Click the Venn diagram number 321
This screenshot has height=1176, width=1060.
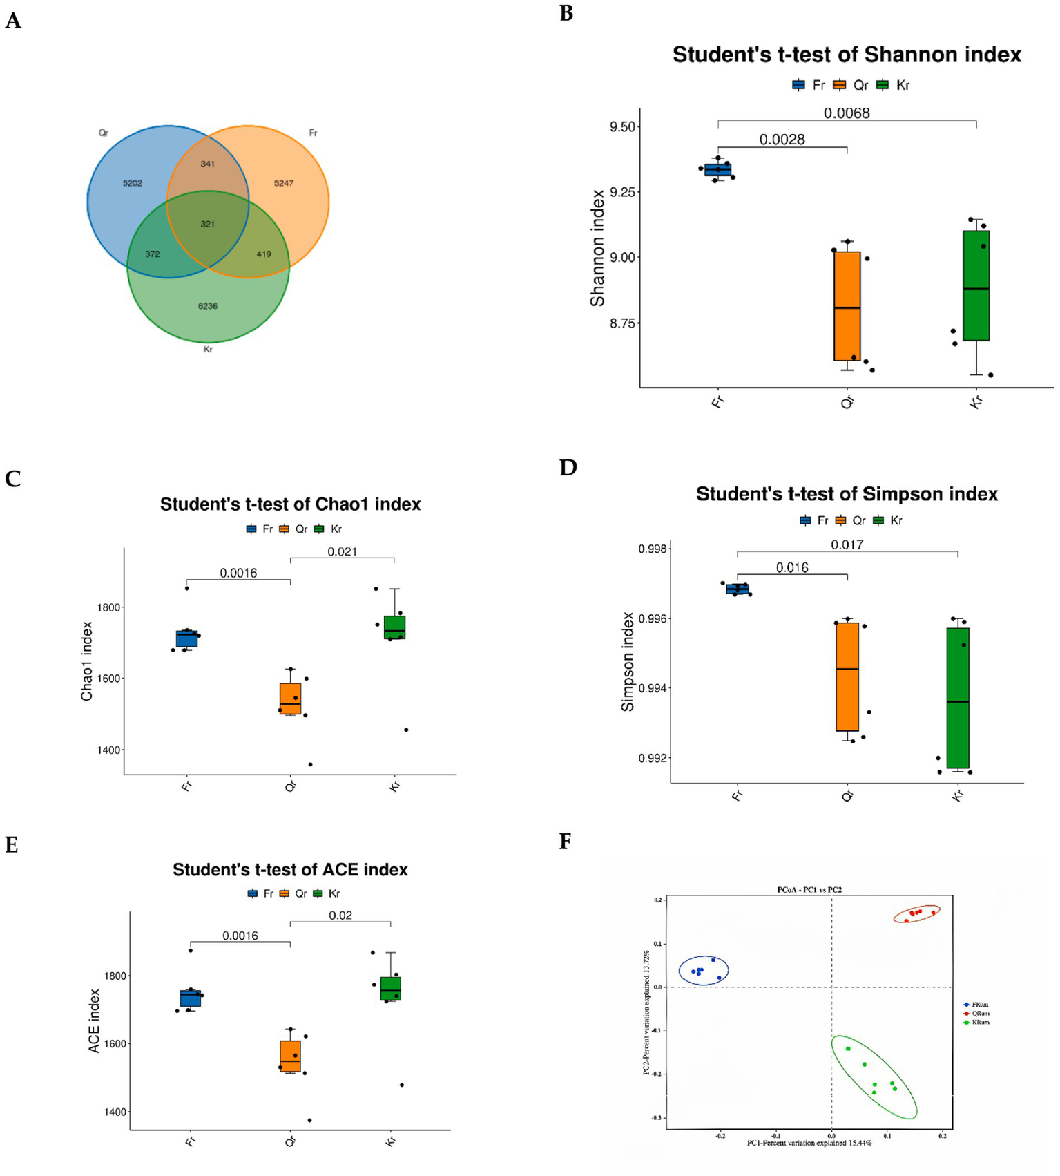[207, 224]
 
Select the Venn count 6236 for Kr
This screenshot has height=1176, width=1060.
[207, 306]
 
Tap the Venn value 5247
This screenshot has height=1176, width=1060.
[283, 183]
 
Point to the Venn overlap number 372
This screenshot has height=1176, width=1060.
[152, 254]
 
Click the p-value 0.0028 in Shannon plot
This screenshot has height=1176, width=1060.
[782, 140]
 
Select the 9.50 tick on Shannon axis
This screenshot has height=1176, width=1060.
[621, 127]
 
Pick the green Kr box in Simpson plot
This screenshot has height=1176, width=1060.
[958, 698]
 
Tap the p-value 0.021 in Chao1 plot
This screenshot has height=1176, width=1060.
[342, 551]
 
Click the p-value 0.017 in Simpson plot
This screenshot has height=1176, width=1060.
[847, 545]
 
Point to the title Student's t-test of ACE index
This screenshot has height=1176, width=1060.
[290, 869]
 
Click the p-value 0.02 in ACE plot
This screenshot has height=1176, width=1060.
[340, 916]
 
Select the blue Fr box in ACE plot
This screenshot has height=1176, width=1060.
[191, 998]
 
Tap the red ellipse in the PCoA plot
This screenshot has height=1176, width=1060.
[916, 915]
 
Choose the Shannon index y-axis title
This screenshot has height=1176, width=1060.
[597, 248]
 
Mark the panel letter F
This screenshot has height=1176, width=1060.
[566, 842]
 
